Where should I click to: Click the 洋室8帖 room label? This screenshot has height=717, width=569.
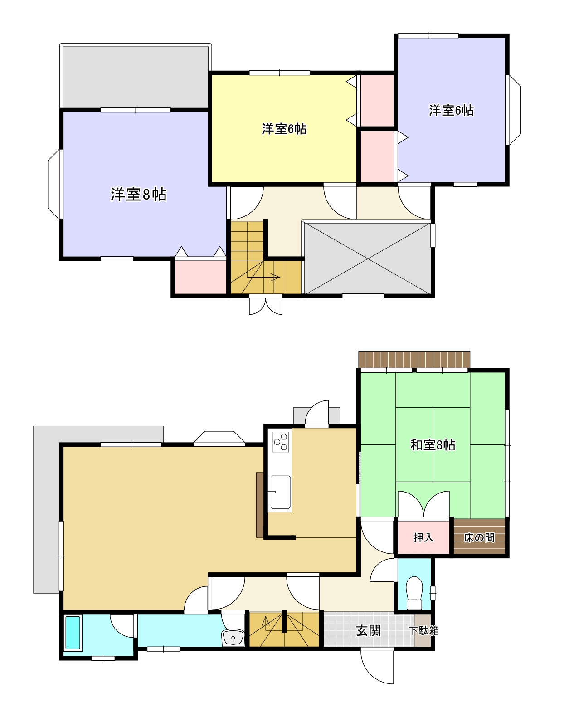[x=138, y=194]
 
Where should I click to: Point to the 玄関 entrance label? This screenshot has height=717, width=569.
[x=369, y=631]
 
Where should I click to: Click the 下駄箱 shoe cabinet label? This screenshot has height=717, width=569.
[x=424, y=631]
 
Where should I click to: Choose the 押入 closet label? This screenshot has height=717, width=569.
[x=423, y=537]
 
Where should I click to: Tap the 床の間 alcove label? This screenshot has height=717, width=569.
[x=479, y=537]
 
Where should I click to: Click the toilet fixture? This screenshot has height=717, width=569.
[x=414, y=593]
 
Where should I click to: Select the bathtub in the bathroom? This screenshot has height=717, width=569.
[x=73, y=633]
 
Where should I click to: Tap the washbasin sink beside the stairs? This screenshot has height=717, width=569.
[x=233, y=637]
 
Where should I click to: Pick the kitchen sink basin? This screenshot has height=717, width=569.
[x=280, y=492]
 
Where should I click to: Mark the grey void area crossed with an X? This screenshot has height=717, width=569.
[x=368, y=258]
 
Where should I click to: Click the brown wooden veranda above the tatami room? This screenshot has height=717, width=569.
[x=414, y=360]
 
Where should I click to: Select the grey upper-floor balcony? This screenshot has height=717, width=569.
[x=136, y=77]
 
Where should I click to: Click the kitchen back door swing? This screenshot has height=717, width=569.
[x=316, y=413]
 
